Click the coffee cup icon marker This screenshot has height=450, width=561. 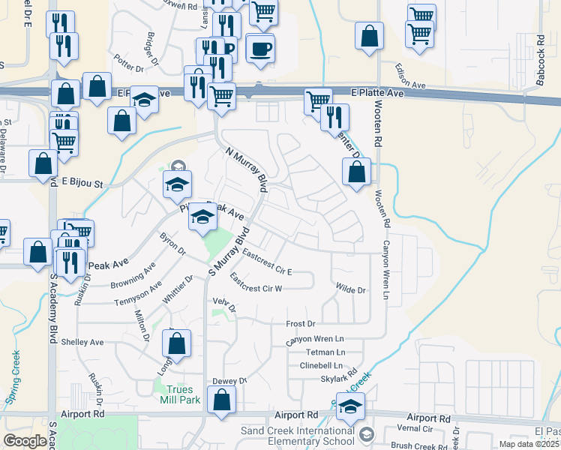point(260,49)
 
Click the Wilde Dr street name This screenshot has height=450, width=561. point(350,289)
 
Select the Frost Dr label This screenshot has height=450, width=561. point(301,324)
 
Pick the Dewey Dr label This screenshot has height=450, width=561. point(229,381)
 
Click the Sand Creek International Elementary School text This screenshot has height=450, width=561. point(298,436)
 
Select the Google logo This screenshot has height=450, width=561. point(25,441)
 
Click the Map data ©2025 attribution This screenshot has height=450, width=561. point(529,444)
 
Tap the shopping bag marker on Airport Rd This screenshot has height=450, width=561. point(222,402)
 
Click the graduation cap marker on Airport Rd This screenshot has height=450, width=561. point(349,408)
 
